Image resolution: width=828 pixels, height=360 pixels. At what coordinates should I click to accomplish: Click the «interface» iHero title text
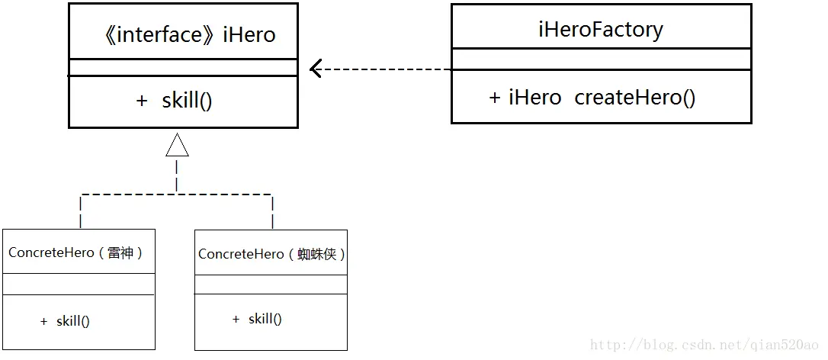click(188, 34)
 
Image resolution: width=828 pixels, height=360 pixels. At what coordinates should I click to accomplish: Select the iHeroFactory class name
click(601, 30)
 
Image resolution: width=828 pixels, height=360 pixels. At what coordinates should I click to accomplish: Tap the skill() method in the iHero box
click(187, 101)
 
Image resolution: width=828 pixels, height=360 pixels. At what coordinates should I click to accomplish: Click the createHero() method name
click(634, 98)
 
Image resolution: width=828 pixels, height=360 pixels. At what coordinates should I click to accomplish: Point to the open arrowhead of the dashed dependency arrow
click(315, 69)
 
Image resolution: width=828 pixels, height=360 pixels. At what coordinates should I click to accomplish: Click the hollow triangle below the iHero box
click(177, 145)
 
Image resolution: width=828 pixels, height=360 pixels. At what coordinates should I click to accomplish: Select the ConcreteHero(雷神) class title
click(76, 252)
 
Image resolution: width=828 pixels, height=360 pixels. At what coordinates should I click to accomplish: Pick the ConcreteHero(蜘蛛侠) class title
click(271, 254)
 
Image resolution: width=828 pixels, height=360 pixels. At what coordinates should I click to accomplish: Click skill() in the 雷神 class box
click(73, 321)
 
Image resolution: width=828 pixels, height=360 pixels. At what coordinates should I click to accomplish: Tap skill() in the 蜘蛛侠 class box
click(265, 319)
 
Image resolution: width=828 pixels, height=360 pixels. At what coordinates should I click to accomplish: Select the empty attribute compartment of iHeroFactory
click(601, 59)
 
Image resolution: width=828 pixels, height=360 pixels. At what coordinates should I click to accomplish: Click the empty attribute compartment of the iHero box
click(183, 68)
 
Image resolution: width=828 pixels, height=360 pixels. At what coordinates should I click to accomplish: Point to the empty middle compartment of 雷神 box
click(79, 284)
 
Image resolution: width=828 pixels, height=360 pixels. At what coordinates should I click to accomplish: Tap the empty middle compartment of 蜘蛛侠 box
click(271, 284)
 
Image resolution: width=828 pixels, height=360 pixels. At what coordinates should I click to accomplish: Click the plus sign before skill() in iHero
click(142, 101)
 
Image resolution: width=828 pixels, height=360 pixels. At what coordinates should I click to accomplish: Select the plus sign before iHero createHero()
click(495, 98)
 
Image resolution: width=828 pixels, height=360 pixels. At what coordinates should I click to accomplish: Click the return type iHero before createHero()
click(535, 98)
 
